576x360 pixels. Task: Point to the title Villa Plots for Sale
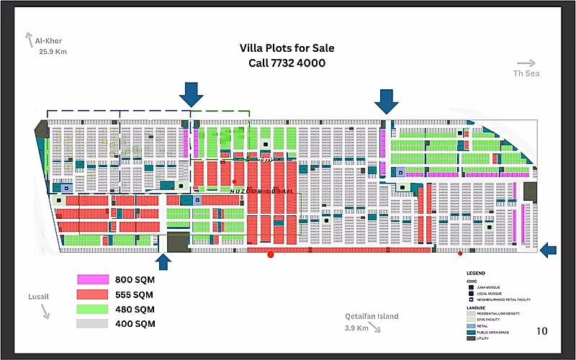(x=287, y=49)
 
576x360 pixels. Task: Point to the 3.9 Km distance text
(x=357, y=328)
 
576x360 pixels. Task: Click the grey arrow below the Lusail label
(x=45, y=311)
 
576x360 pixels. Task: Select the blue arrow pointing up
(x=163, y=262)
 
